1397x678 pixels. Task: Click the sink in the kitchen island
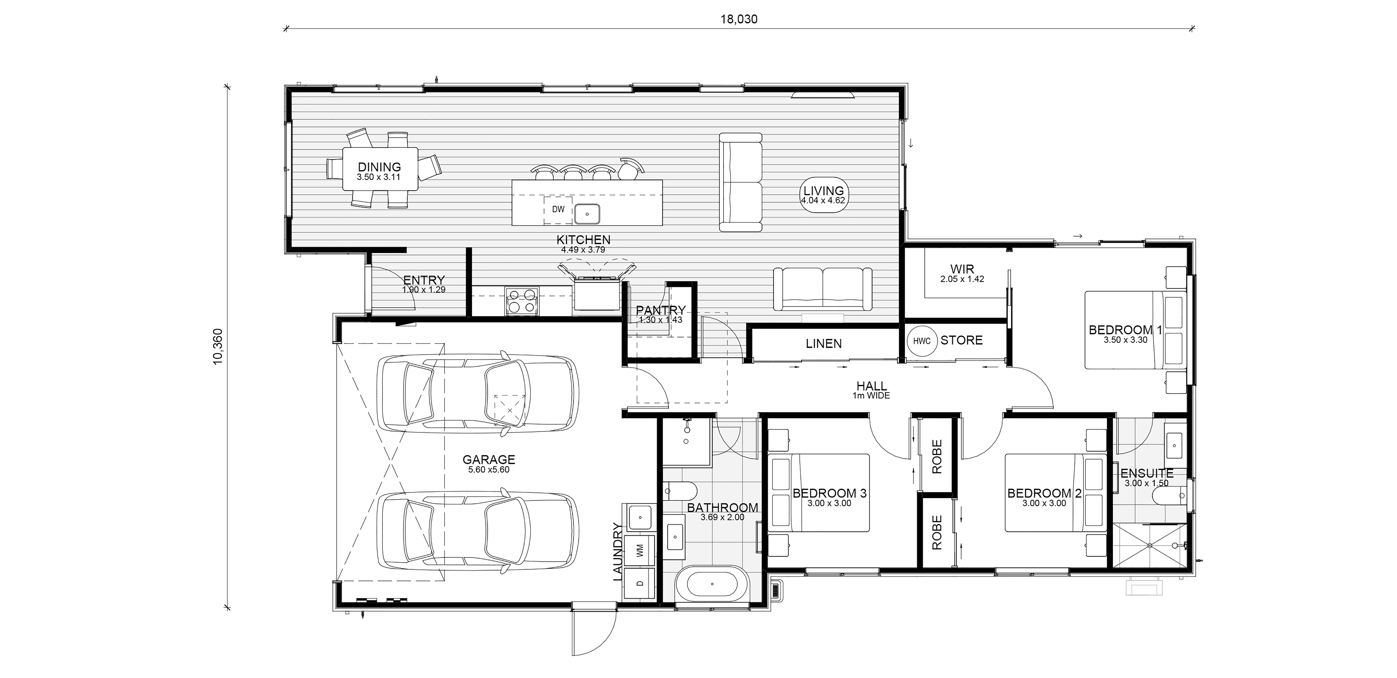pyautogui.click(x=587, y=214)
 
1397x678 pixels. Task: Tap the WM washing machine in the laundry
pyautogui.click(x=640, y=550)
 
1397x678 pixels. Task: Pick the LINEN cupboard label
pyautogui.click(x=824, y=343)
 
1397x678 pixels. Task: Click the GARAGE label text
pyautogui.click(x=489, y=459)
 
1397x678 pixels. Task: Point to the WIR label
pyautogui.click(x=962, y=269)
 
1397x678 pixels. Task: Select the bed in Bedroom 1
pyautogui.click(x=1135, y=330)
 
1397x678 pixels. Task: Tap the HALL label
pyautogui.click(x=871, y=386)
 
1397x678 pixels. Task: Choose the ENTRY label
pyautogui.click(x=424, y=280)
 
